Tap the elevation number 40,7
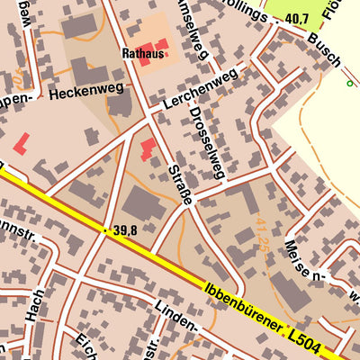(296, 19)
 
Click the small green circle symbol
(349, 84)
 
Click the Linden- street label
(175, 315)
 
